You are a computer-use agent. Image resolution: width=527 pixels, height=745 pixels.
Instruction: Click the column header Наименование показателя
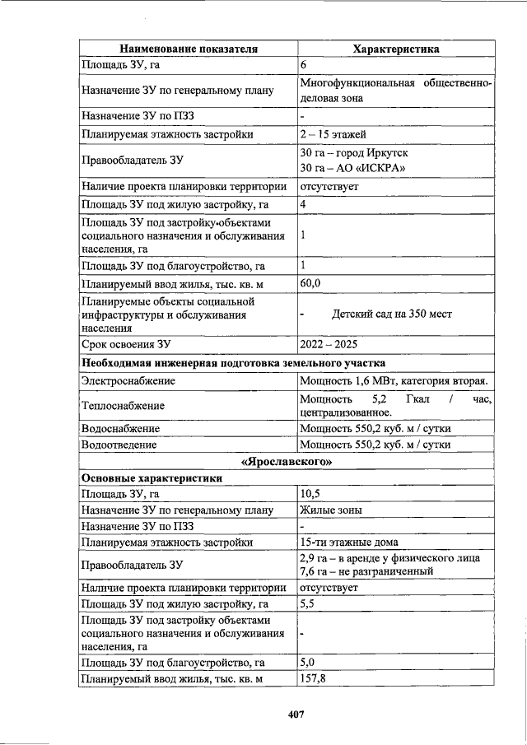(189, 49)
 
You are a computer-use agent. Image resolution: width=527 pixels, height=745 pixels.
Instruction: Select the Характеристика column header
(395, 49)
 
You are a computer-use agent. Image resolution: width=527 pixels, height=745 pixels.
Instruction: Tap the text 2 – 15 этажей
(333, 134)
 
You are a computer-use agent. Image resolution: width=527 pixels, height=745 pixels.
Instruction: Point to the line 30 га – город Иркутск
(354, 154)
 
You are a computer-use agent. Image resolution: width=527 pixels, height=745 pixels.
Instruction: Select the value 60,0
(310, 284)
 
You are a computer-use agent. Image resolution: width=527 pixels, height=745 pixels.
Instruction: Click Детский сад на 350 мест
(391, 314)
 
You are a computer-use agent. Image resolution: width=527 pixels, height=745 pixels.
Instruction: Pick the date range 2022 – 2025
(329, 344)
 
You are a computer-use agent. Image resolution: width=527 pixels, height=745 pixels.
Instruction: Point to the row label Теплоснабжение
(123, 405)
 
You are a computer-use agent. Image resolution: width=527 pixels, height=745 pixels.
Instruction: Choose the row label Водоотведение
(119, 445)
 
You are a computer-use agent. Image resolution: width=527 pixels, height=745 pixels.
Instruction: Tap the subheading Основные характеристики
(152, 477)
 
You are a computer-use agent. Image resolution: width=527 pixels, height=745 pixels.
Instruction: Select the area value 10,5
(310, 494)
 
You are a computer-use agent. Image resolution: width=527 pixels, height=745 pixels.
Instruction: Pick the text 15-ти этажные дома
(349, 542)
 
